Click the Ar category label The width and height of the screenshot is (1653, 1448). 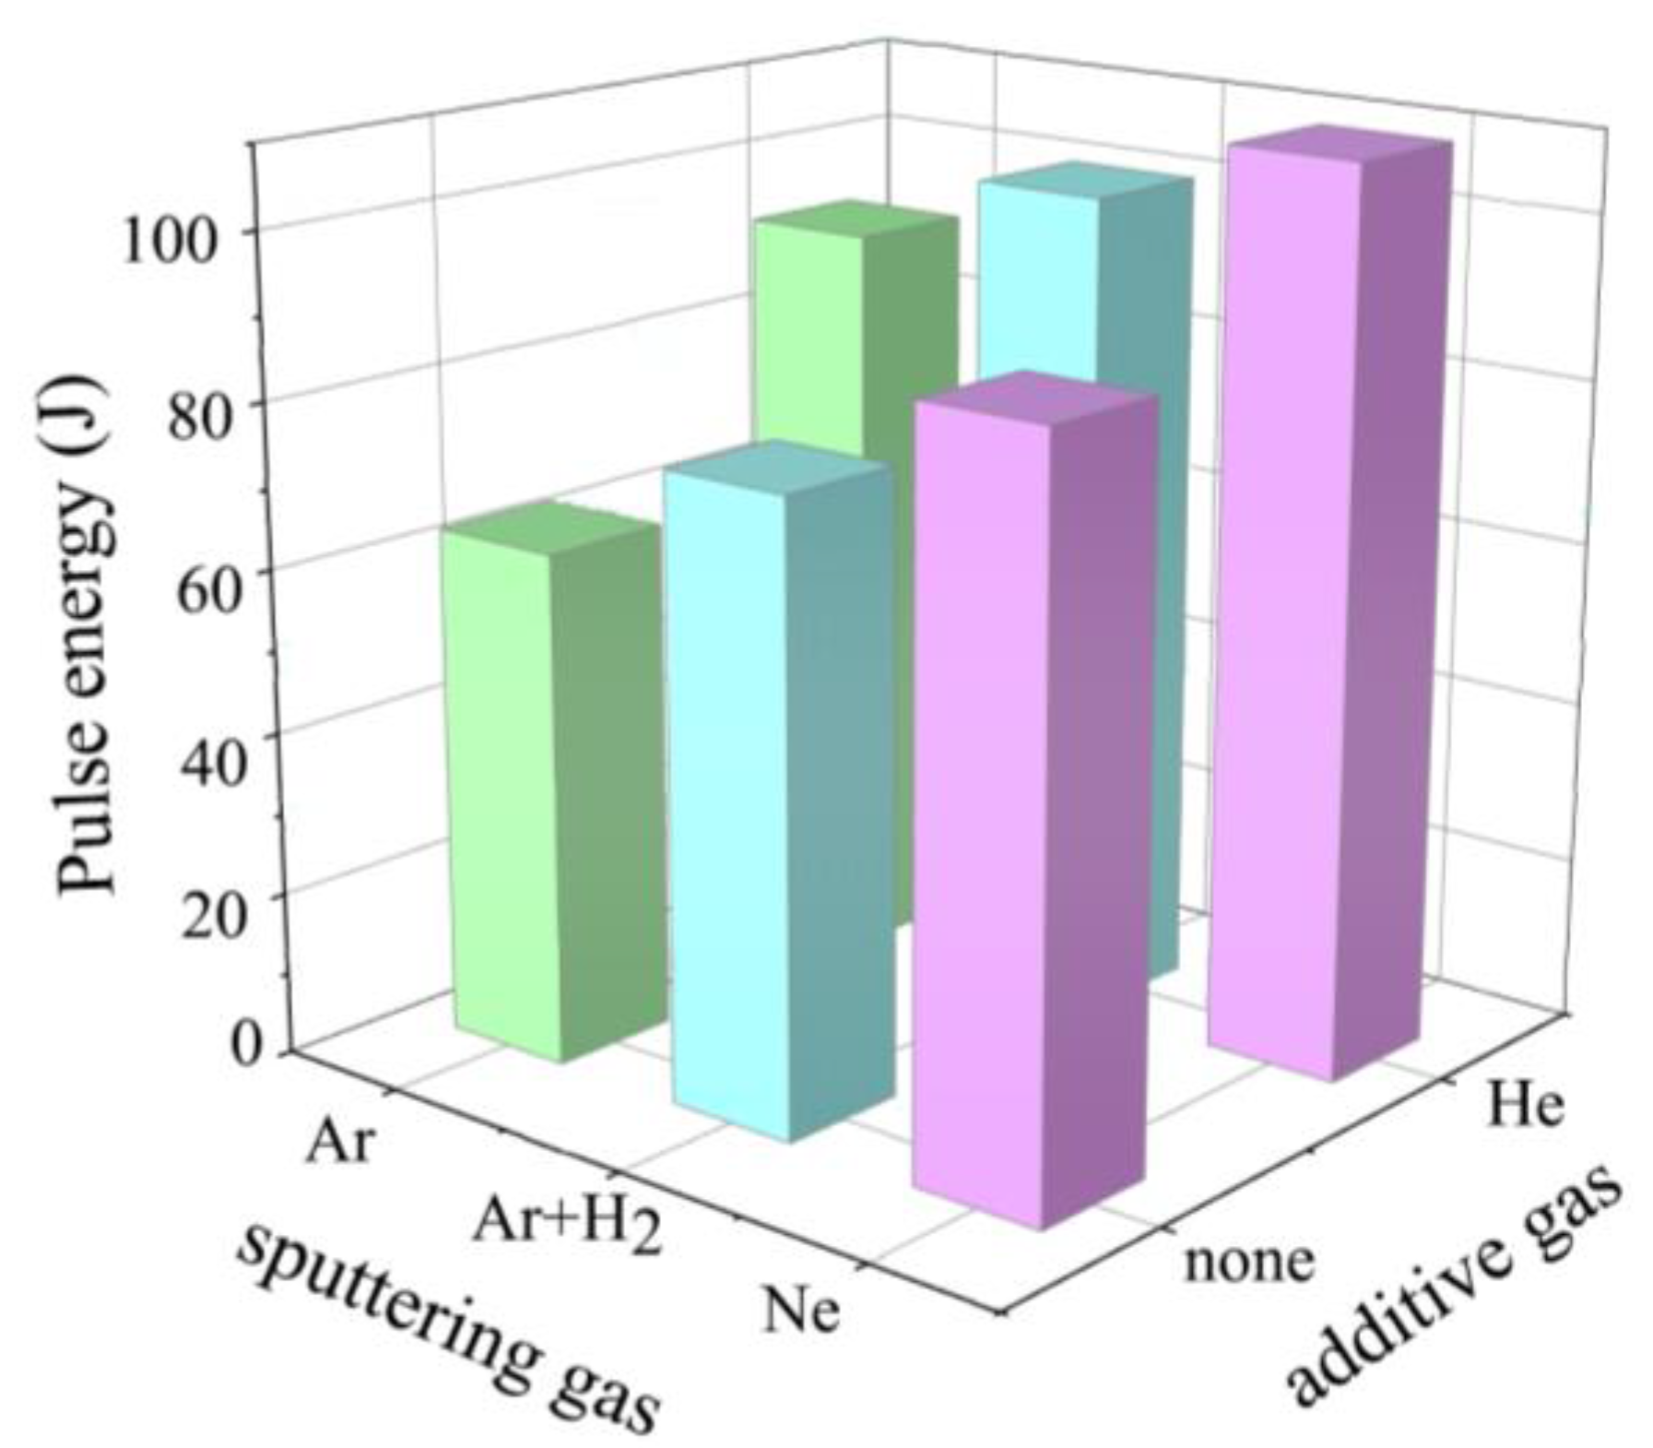pos(340,1142)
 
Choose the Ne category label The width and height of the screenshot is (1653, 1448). pos(801,1309)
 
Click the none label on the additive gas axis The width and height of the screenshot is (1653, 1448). pos(1248,1260)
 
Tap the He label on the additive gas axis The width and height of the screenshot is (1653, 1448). pos(1526,1106)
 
